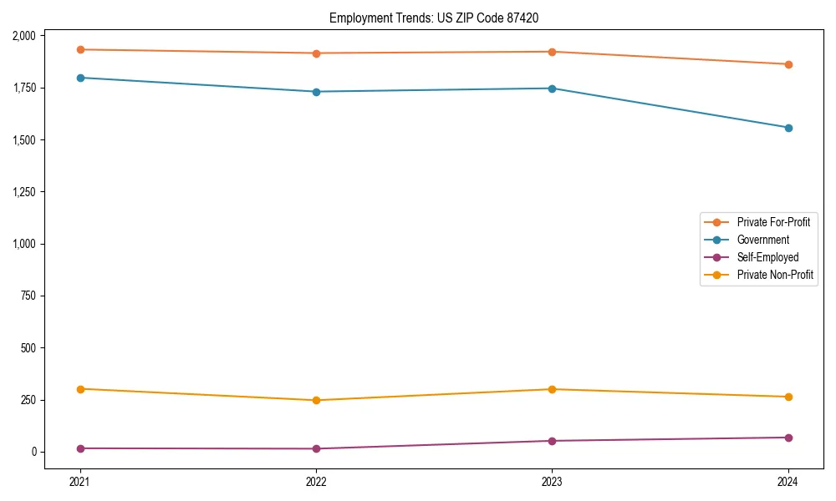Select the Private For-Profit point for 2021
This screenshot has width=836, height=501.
(x=80, y=49)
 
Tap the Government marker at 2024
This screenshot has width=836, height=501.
(x=788, y=128)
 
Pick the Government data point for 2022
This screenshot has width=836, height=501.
(x=316, y=92)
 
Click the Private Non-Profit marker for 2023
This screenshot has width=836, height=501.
(x=552, y=389)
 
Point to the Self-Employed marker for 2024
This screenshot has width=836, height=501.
(x=788, y=438)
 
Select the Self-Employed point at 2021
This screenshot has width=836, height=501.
(x=80, y=448)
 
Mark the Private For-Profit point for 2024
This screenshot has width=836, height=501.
(x=788, y=64)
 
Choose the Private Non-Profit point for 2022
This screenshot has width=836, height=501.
(x=316, y=400)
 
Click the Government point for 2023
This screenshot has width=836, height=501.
(x=552, y=89)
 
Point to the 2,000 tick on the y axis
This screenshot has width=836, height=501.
(x=24, y=36)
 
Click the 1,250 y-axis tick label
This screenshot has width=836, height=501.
(x=24, y=192)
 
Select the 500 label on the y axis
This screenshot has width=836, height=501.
(x=28, y=348)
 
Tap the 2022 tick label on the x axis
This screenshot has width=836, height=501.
(x=316, y=482)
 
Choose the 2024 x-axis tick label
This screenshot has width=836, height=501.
(x=788, y=482)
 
